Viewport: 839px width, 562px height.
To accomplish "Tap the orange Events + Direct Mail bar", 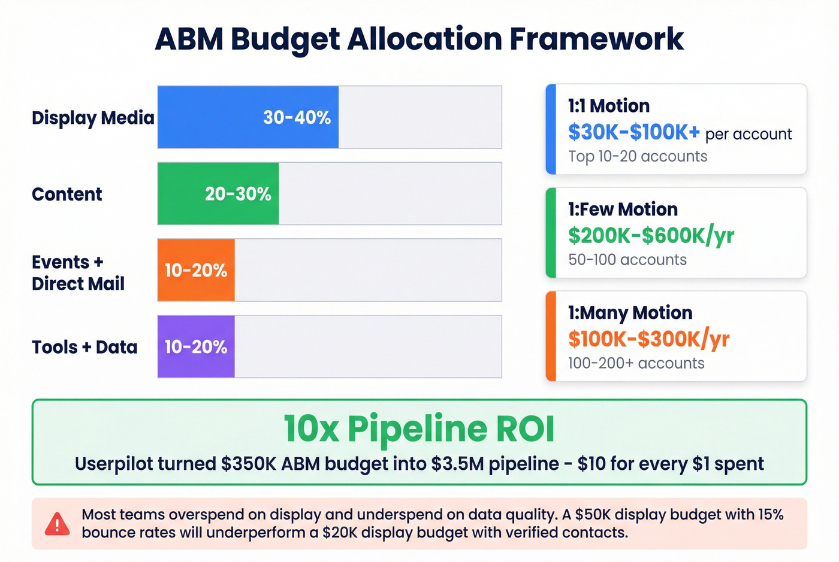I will pyautogui.click(x=196, y=271).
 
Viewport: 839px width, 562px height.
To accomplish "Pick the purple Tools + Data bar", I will pyautogui.click(x=196, y=347).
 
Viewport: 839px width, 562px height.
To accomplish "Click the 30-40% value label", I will pyautogui.click(x=297, y=117).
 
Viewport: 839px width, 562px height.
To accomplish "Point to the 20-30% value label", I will pyautogui.click(x=238, y=194).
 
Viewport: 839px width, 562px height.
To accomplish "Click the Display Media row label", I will pyautogui.click(x=93, y=118).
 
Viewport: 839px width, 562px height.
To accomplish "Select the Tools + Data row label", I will pyautogui.click(x=84, y=347).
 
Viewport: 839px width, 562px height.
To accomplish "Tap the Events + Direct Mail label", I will pyautogui.click(x=78, y=273).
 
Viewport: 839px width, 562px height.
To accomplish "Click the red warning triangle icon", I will pyautogui.click(x=58, y=524).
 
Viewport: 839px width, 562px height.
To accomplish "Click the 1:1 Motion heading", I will pyautogui.click(x=609, y=106).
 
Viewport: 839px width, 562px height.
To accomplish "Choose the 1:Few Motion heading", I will pyautogui.click(x=623, y=209).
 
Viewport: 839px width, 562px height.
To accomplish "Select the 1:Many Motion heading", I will pyautogui.click(x=630, y=313).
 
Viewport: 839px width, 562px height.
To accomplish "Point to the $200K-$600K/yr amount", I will pyautogui.click(x=651, y=236).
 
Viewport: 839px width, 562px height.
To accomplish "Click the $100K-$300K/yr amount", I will pyautogui.click(x=648, y=339).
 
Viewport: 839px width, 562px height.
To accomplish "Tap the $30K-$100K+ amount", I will pyautogui.click(x=633, y=132).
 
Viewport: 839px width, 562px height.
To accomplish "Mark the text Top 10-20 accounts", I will pyautogui.click(x=638, y=156).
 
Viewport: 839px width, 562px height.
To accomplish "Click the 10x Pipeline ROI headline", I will pyautogui.click(x=419, y=429).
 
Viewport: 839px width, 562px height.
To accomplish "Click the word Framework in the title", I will pyautogui.click(x=596, y=39).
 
